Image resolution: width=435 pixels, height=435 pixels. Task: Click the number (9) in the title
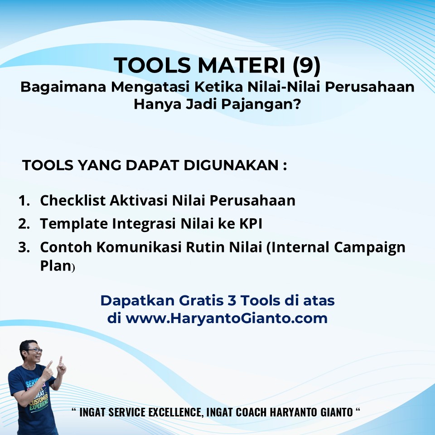tap(307, 65)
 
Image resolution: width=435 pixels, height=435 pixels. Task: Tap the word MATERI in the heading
tap(242, 65)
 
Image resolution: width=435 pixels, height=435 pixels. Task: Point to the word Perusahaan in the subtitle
tap(370, 87)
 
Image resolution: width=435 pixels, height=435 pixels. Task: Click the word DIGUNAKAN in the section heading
tap(231, 165)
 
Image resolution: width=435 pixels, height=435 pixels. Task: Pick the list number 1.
tap(24, 201)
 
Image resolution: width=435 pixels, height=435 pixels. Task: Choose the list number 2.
tap(24, 224)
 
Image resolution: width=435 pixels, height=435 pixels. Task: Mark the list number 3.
tap(24, 247)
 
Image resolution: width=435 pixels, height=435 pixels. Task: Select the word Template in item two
tap(74, 224)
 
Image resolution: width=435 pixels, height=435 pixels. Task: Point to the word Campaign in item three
tap(370, 248)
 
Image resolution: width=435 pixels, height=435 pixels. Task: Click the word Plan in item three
tap(56, 266)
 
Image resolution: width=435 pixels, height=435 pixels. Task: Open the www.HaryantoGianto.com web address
tap(227, 318)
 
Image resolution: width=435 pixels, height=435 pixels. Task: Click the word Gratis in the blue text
tap(201, 300)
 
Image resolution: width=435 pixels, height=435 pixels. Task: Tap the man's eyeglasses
tap(34, 351)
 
